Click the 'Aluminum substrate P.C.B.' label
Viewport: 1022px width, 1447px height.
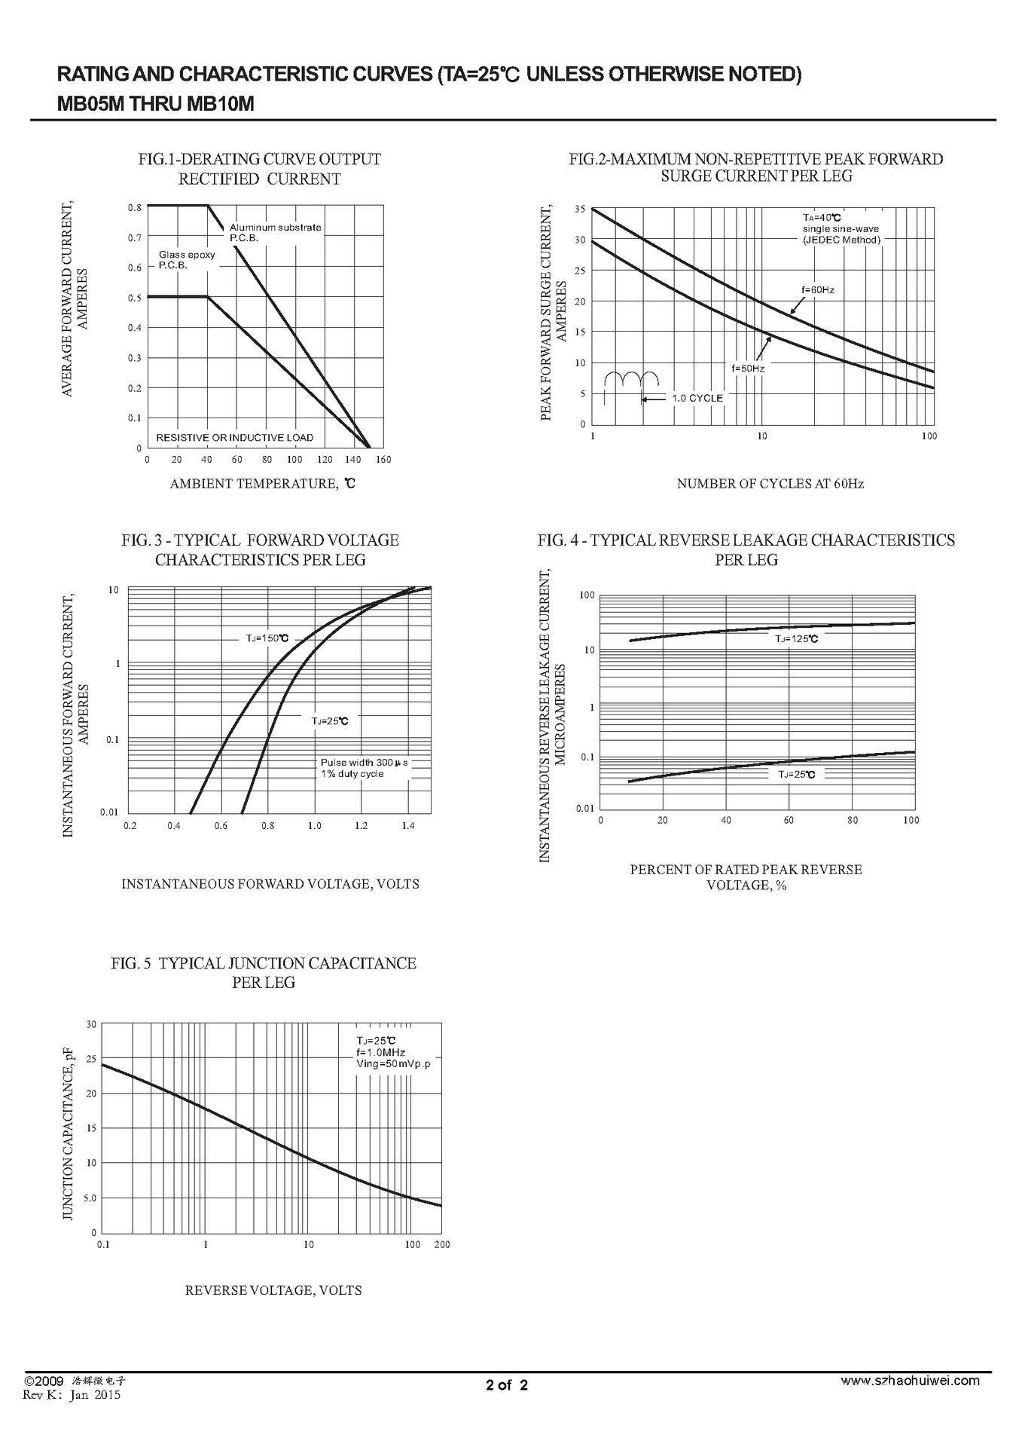275,232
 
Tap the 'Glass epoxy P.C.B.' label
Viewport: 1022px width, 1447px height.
186,260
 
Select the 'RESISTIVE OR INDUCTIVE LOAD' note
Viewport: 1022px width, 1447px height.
234,438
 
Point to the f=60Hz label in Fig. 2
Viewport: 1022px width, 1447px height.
817,290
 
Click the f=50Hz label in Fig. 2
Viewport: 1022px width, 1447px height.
748,369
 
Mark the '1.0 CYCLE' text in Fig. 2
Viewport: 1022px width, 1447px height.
697,398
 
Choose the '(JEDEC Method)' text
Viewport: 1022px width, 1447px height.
840,240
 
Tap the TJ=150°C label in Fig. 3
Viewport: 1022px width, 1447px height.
267,638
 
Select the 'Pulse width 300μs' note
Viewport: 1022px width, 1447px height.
364,763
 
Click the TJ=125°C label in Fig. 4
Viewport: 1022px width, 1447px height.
796,638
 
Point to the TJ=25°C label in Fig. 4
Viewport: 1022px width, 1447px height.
796,774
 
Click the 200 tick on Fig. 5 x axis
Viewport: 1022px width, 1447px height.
441,1244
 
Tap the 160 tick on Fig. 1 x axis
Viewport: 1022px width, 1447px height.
383,460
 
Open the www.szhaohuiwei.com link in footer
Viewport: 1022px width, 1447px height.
910,1381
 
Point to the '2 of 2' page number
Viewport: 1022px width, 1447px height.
507,1384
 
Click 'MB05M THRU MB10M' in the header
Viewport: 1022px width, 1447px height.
155,104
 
